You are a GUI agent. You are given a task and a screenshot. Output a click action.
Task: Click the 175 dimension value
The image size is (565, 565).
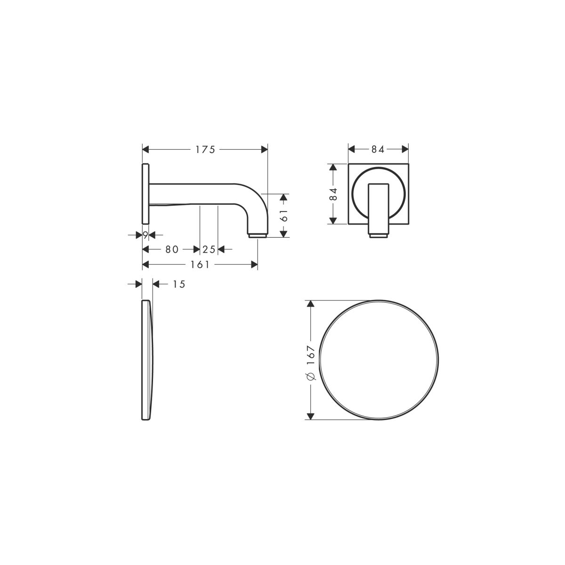205,150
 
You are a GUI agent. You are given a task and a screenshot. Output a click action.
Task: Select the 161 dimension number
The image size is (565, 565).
200,265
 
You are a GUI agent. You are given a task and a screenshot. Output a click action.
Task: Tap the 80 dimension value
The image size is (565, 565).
172,250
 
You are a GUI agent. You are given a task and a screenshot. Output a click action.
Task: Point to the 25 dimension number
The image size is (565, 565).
209,250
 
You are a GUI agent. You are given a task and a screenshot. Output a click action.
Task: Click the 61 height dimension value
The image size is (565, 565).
284,216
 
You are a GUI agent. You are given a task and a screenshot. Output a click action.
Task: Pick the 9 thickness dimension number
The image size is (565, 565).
145,235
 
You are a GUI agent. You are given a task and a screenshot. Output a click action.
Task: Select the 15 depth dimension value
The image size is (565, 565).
179,284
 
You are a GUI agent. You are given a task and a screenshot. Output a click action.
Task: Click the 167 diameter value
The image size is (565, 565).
310,355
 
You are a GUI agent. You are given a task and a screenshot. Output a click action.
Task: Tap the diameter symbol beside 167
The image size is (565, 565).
311,376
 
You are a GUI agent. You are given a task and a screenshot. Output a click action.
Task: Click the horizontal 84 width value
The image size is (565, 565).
378,150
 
